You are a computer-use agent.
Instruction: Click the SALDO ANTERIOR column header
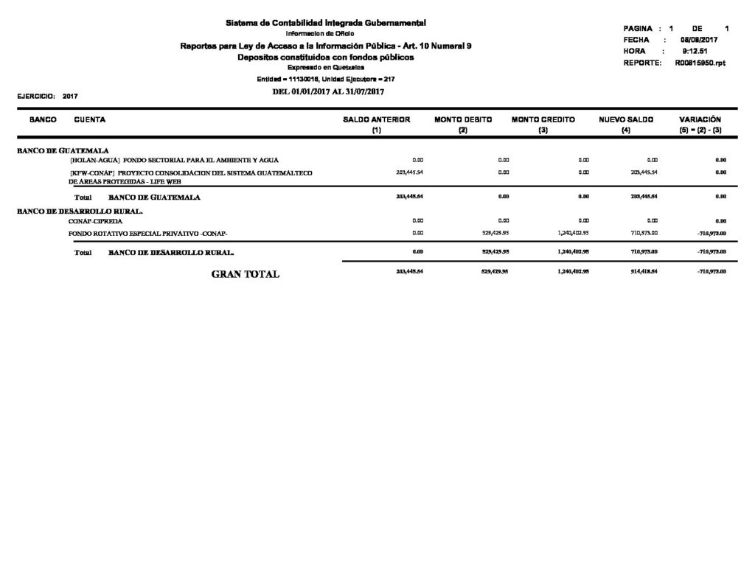[377, 119]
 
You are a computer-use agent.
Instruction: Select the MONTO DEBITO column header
[462, 119]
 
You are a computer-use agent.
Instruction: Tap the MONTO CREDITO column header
[543, 119]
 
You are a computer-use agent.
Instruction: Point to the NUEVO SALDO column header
[625, 119]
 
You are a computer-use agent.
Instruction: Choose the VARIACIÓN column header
[700, 119]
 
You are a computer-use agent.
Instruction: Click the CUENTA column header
[89, 119]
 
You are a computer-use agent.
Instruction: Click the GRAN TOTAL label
[245, 274]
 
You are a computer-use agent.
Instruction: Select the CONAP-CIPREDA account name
[96, 220]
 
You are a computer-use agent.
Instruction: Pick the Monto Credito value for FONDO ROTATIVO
[573, 233]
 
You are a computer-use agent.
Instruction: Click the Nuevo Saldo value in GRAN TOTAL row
[644, 271]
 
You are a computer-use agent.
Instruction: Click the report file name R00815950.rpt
[700, 63]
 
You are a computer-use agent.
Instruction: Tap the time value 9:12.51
[695, 52]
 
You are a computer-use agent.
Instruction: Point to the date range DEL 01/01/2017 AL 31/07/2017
[329, 91]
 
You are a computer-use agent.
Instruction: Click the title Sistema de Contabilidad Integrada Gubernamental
[325, 24]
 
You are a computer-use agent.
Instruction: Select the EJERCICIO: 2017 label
[47, 96]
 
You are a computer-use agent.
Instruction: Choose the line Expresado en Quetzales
[325, 67]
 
